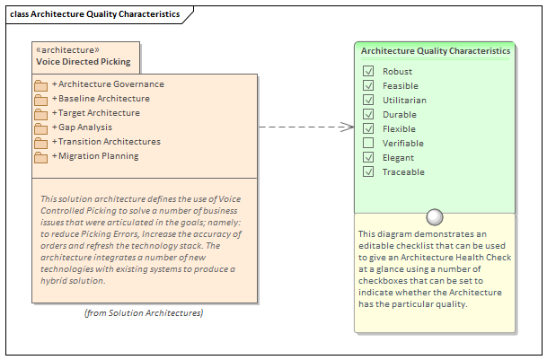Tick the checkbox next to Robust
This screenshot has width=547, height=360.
[368, 71]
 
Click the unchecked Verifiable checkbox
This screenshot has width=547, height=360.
[368, 143]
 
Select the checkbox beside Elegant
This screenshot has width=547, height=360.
[368, 157]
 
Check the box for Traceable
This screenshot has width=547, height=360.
[368, 171]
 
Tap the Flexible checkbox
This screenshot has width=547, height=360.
[368, 128]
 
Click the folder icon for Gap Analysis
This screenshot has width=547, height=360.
[40, 128]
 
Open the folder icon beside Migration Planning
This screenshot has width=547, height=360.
[40, 157]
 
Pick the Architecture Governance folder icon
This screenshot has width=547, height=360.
[40, 85]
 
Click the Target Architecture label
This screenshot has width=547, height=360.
[99, 113]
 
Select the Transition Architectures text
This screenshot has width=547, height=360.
[109, 142]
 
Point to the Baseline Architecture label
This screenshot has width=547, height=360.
[103, 99]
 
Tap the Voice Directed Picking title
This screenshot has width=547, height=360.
[83, 63]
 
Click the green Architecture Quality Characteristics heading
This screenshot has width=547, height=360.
[436, 51]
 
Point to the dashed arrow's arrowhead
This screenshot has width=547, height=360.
[349, 127]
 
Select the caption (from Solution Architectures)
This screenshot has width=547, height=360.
[144, 312]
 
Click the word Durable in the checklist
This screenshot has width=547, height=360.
[398, 114]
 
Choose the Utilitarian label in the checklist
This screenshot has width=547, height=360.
[404, 100]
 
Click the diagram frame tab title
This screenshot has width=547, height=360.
[94, 14]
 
